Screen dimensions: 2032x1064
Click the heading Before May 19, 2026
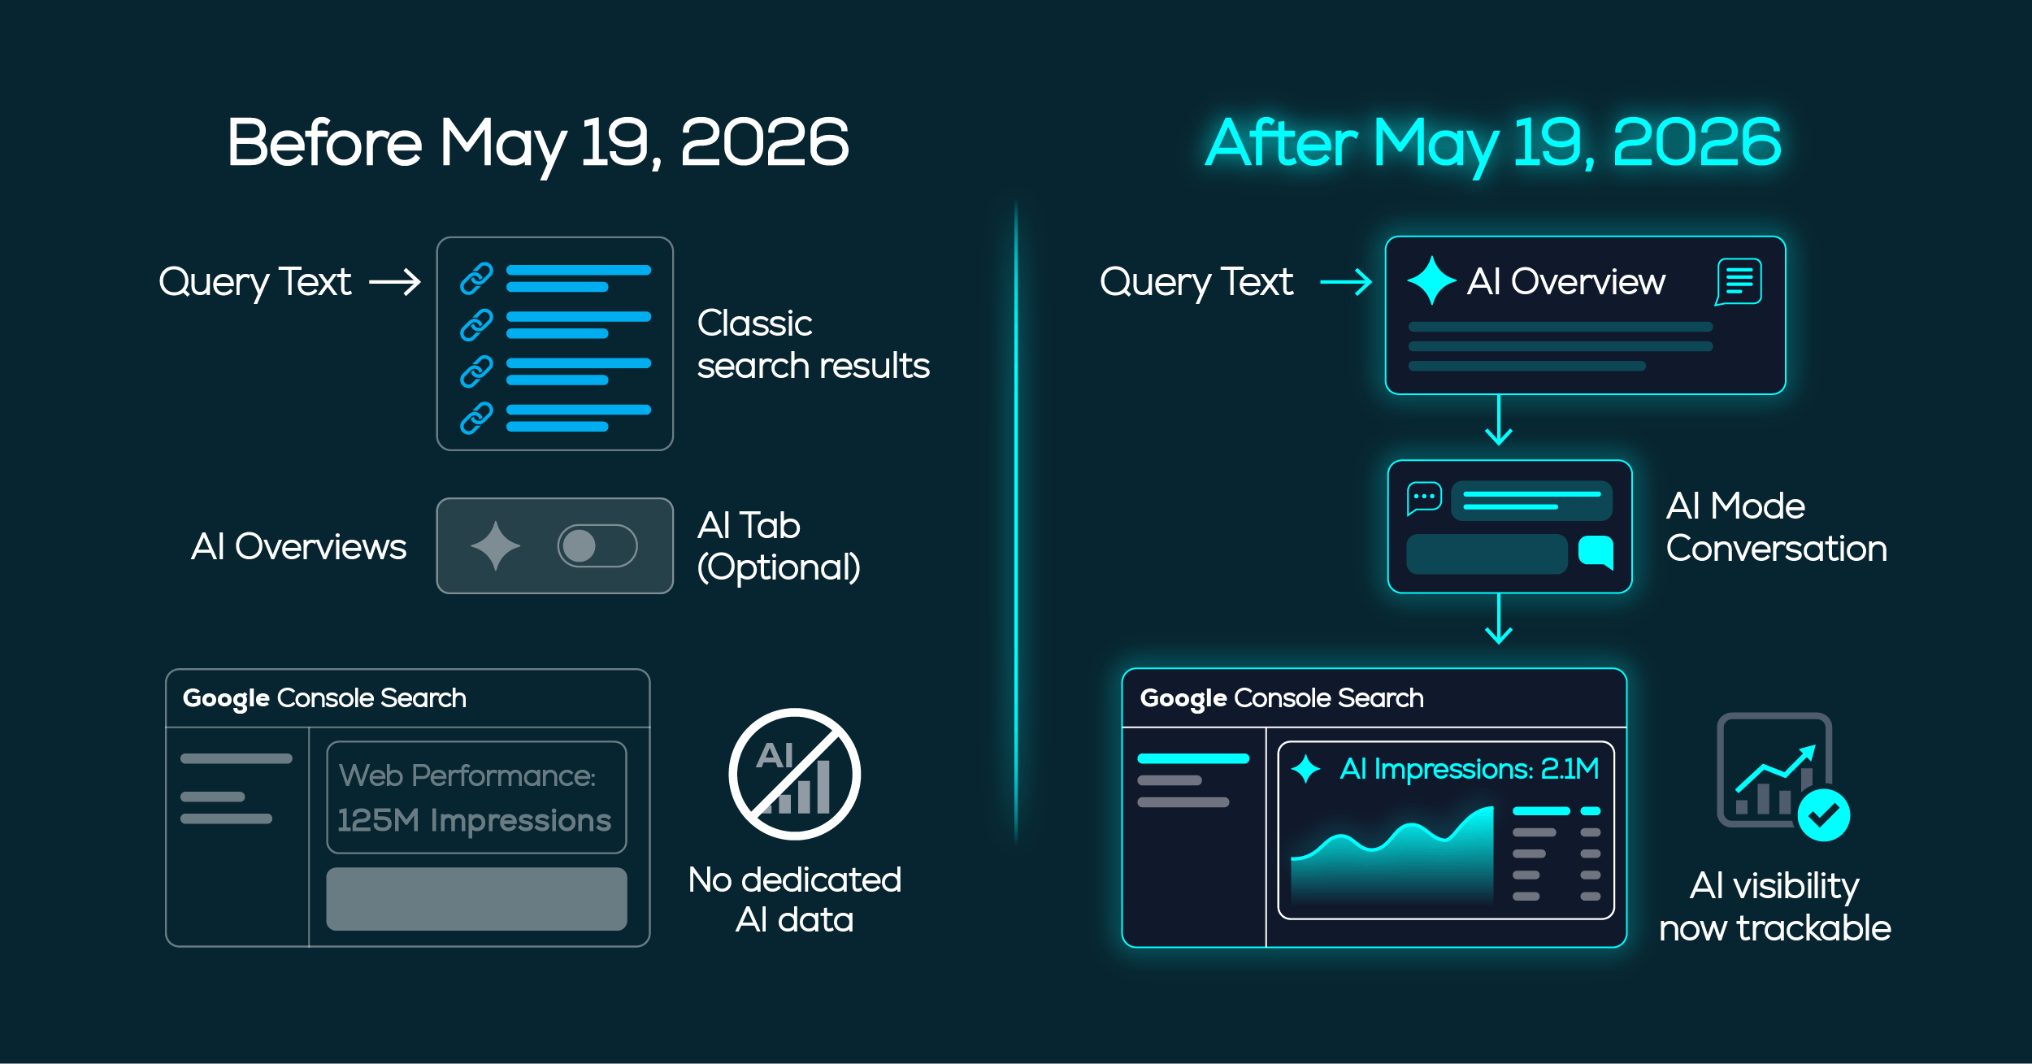click(x=538, y=143)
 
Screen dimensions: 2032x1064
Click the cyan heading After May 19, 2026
click(x=1493, y=143)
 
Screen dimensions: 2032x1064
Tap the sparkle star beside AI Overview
click(x=1431, y=280)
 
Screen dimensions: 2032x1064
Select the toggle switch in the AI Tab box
click(x=597, y=545)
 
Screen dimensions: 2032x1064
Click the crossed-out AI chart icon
click(x=794, y=774)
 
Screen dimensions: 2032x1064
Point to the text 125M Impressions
click(x=474, y=820)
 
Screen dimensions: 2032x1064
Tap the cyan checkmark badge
click(x=1824, y=815)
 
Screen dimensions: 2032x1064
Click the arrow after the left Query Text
click(x=395, y=282)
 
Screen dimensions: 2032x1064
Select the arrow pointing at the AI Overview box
click(x=1346, y=282)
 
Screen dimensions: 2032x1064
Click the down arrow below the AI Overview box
click(x=1499, y=420)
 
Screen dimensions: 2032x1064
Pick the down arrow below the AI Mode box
click(x=1499, y=619)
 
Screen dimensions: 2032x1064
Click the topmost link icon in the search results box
click(x=477, y=278)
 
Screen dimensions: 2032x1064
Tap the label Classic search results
click(x=813, y=345)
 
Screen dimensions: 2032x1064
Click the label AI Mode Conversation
click(x=1776, y=527)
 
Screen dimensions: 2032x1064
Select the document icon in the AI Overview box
click(x=1739, y=281)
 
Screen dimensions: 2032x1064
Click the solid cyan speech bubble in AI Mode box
click(x=1596, y=552)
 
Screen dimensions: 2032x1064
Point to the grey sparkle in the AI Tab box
click(x=496, y=545)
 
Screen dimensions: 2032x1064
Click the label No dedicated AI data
click(x=795, y=900)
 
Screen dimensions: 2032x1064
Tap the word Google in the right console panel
click(x=1183, y=699)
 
